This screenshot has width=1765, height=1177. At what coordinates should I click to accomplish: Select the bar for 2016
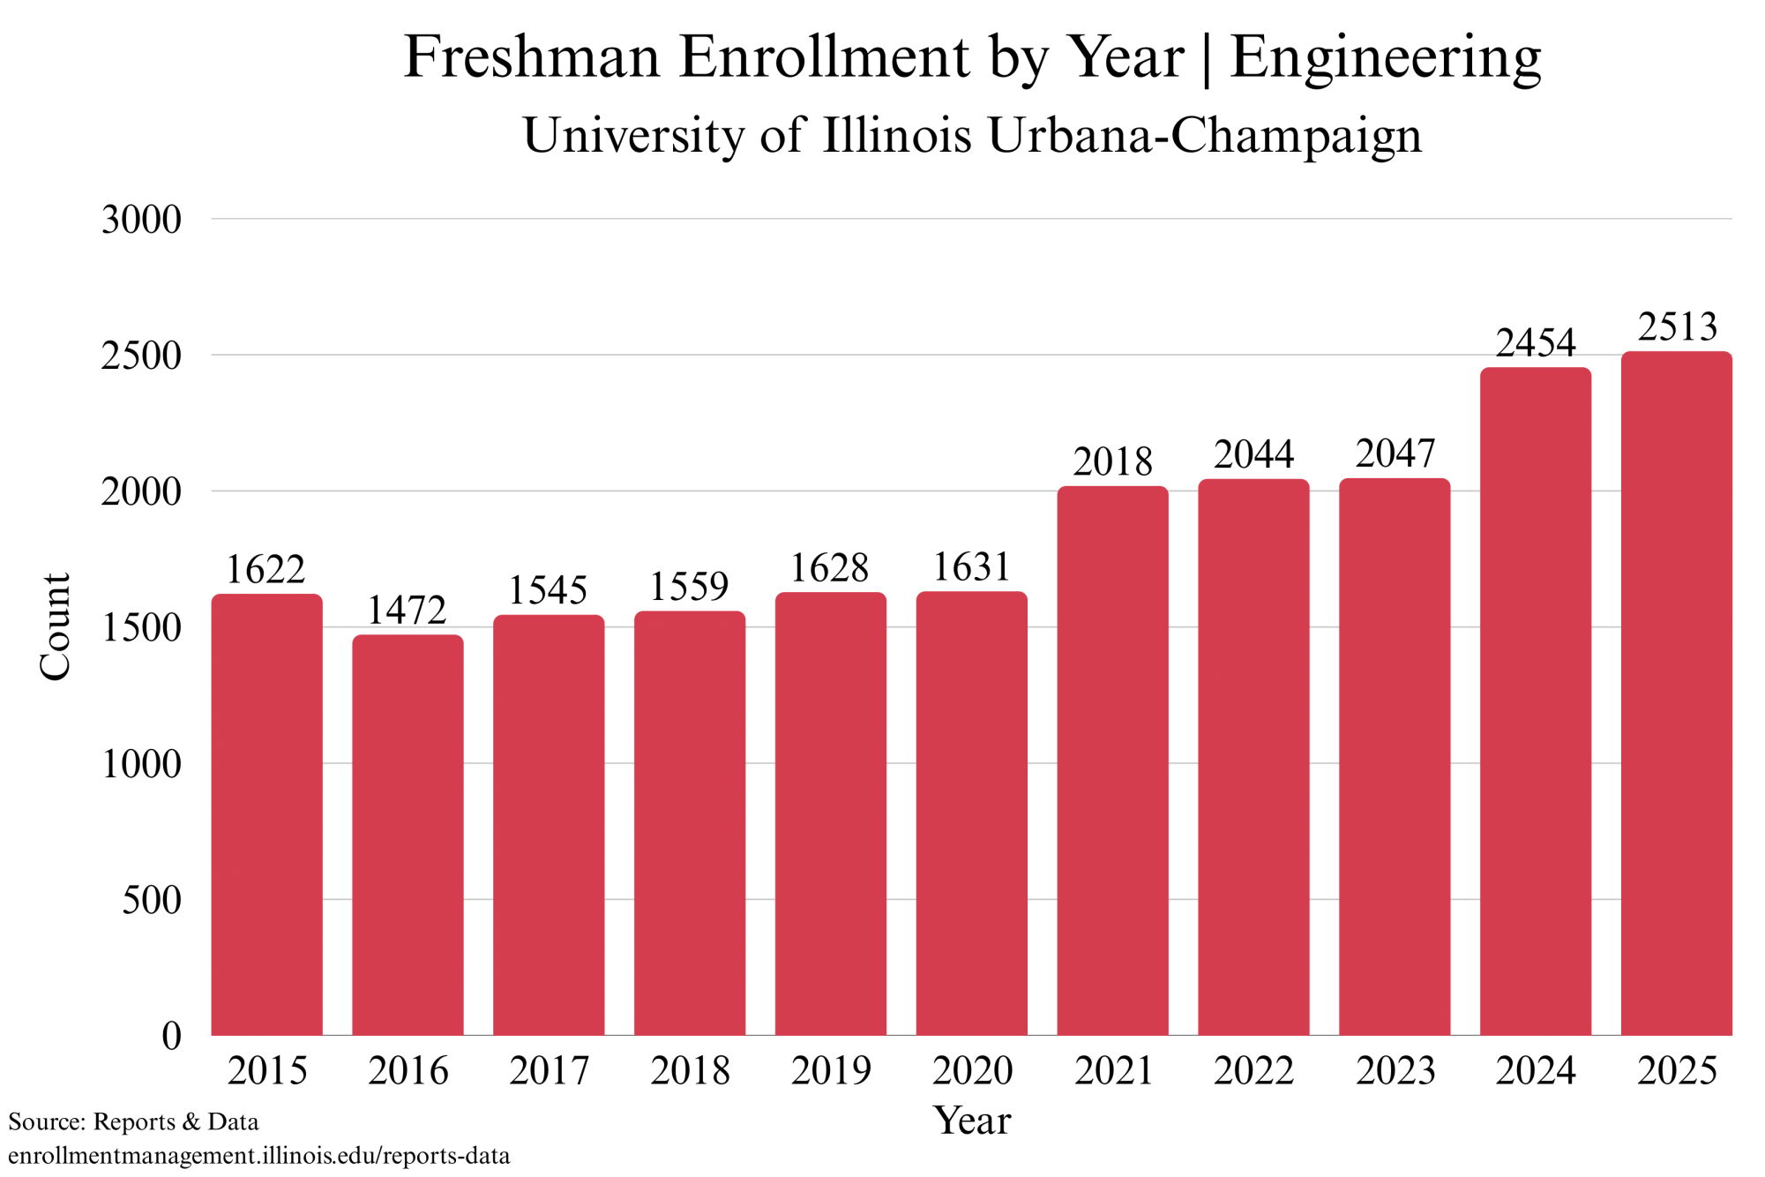408,834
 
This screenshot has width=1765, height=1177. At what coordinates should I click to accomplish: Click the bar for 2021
1112,760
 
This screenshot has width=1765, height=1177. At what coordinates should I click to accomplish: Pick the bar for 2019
830,813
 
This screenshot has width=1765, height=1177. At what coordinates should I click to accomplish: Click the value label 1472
408,611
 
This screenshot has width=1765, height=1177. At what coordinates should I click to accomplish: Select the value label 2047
1395,454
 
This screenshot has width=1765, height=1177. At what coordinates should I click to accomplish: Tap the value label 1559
690,587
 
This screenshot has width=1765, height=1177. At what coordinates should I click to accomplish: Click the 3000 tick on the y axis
141,220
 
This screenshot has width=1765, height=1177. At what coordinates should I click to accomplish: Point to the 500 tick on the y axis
152,900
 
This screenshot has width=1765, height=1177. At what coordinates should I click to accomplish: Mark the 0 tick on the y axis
171,1036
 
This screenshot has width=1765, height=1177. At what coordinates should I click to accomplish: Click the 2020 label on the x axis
972,1071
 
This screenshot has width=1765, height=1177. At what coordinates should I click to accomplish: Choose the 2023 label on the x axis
1395,1071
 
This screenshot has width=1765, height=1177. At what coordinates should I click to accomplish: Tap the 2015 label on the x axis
267,1071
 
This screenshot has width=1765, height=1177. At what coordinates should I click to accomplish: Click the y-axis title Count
56,626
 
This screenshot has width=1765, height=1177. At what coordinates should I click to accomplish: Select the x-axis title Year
972,1121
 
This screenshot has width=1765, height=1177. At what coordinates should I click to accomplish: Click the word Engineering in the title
1385,58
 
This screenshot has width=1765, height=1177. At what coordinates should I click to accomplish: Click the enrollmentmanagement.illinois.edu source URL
259,1156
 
